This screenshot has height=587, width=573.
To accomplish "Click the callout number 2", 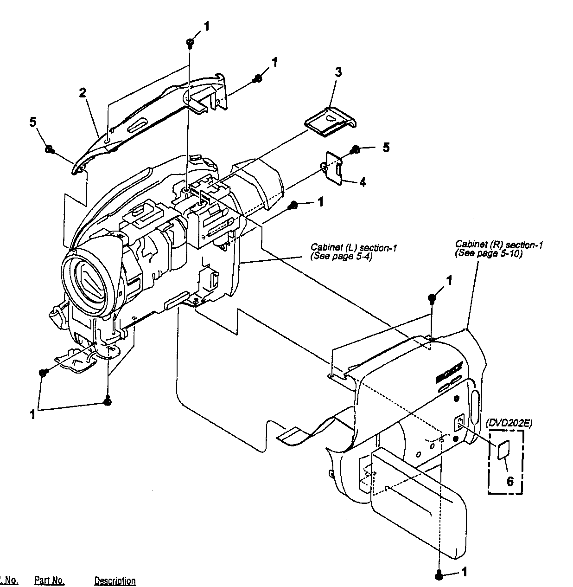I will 82,93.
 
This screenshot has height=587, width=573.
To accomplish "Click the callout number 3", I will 338,72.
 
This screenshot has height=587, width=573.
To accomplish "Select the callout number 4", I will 363,182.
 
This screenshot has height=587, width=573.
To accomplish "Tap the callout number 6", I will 510,481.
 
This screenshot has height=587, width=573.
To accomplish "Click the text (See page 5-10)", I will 489,253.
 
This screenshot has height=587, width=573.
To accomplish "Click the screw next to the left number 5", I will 49,149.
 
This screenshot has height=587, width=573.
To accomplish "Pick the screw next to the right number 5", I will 356,149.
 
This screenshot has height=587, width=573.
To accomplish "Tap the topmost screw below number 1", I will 190,42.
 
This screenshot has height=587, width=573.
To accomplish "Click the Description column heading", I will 115,581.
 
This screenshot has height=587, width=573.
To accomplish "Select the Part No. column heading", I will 49,581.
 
